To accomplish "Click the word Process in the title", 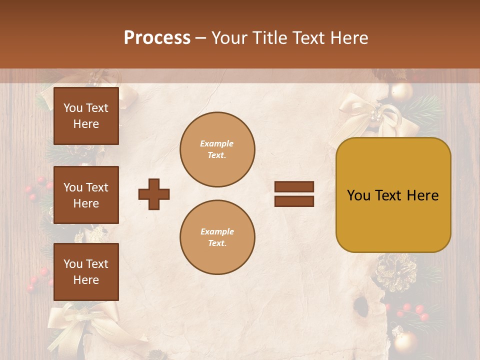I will coord(157,38).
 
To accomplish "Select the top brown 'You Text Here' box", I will coord(86,116).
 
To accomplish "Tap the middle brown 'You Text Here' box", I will coord(86,195).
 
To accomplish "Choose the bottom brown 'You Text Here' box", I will coord(86,272).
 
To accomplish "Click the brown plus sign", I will coord(154,194).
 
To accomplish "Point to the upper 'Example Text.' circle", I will coord(217,149).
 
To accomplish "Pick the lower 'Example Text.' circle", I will coord(217,237).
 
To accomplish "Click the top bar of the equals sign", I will coord(294,186).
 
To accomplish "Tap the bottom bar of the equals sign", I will coord(294,201).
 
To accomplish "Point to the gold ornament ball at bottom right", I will coord(405,342).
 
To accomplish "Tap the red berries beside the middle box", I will coord(35,192).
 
